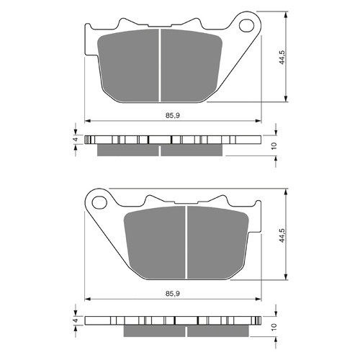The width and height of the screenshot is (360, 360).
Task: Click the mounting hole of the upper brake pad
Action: point(246,25)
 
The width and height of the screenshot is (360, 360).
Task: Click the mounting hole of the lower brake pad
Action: point(99,202)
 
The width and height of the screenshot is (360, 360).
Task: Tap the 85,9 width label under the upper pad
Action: point(173,116)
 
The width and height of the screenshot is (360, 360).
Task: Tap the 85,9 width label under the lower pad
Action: point(173,294)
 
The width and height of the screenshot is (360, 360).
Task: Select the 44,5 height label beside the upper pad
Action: point(282,57)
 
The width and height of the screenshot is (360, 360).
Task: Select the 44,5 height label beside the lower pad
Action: point(282,235)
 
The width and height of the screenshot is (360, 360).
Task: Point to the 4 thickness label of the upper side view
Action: point(76,139)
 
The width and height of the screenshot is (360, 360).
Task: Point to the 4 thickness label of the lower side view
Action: point(76,320)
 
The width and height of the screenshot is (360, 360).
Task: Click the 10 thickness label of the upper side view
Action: point(274,145)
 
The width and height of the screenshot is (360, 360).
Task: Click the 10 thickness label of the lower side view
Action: point(274,326)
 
